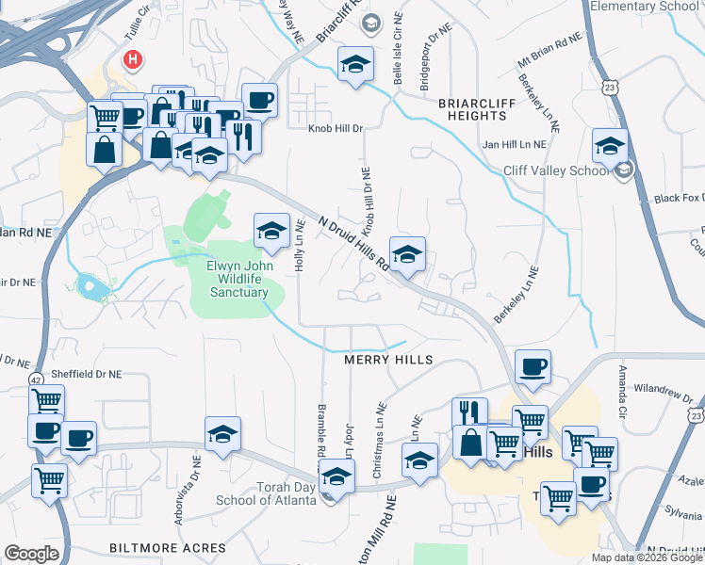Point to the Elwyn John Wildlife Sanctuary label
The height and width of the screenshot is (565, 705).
(x=238, y=279)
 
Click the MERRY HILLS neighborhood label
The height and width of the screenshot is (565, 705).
(x=388, y=360)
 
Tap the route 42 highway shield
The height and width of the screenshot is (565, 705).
(x=35, y=379)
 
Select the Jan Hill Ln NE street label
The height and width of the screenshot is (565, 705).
(x=514, y=145)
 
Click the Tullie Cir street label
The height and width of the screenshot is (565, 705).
(x=131, y=11)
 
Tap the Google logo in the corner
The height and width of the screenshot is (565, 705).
(x=31, y=554)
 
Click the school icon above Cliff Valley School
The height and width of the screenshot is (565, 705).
(x=610, y=147)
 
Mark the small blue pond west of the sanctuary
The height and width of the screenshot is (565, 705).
(x=89, y=285)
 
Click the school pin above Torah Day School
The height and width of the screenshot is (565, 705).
(x=337, y=476)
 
